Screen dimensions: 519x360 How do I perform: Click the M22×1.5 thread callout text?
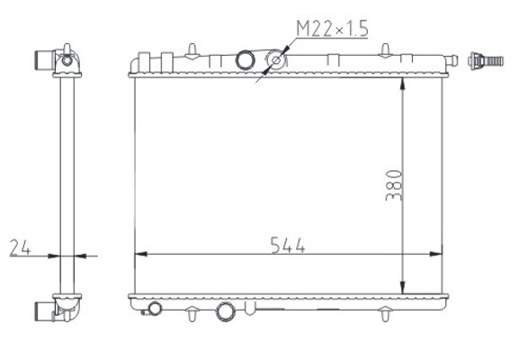[x=332, y=28]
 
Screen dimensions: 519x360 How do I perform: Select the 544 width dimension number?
[x=288, y=246]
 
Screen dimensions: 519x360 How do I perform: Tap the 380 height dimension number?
[x=394, y=185]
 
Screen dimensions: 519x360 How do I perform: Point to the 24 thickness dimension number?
[x=20, y=248]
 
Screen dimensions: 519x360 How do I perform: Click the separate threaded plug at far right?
[x=486, y=61]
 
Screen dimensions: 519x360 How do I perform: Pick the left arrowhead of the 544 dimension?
[x=141, y=254]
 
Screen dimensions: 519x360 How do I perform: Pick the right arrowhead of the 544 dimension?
[x=435, y=254]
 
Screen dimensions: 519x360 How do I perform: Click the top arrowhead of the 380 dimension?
[x=402, y=84]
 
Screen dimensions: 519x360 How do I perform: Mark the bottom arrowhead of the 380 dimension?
[x=402, y=287]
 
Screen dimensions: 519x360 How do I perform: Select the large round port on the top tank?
[x=246, y=60]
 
